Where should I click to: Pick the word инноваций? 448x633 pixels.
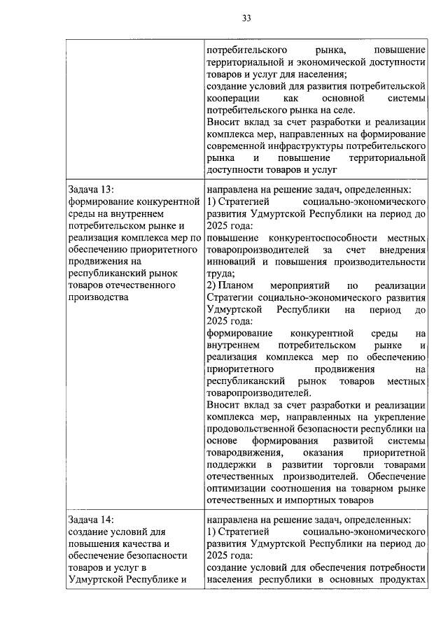point(232,262)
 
